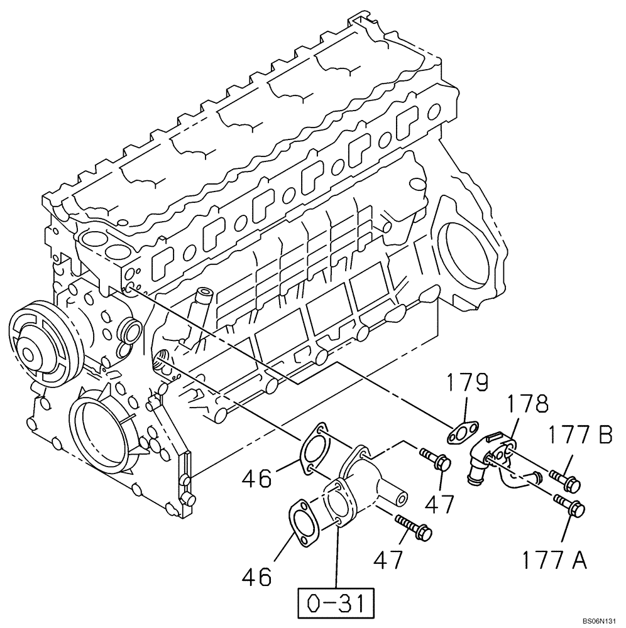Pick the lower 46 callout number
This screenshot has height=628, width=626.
pyautogui.click(x=256, y=576)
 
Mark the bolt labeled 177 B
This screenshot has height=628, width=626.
pyautogui.click(x=565, y=480)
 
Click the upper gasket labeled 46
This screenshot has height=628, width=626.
pyautogui.click(x=316, y=449)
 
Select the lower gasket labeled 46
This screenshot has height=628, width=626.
pyautogui.click(x=302, y=519)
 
